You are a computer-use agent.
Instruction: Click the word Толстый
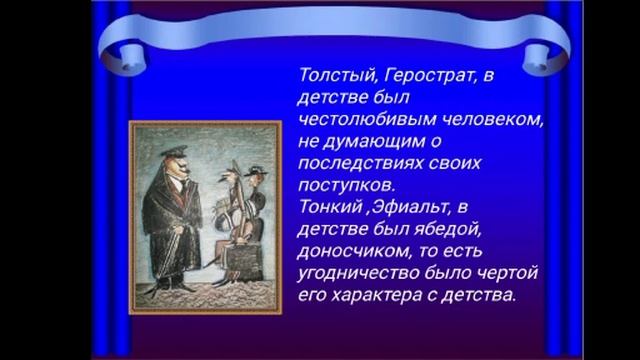pyautogui.click(x=328, y=74)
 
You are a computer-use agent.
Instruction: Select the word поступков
pyautogui.click(x=339, y=185)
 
